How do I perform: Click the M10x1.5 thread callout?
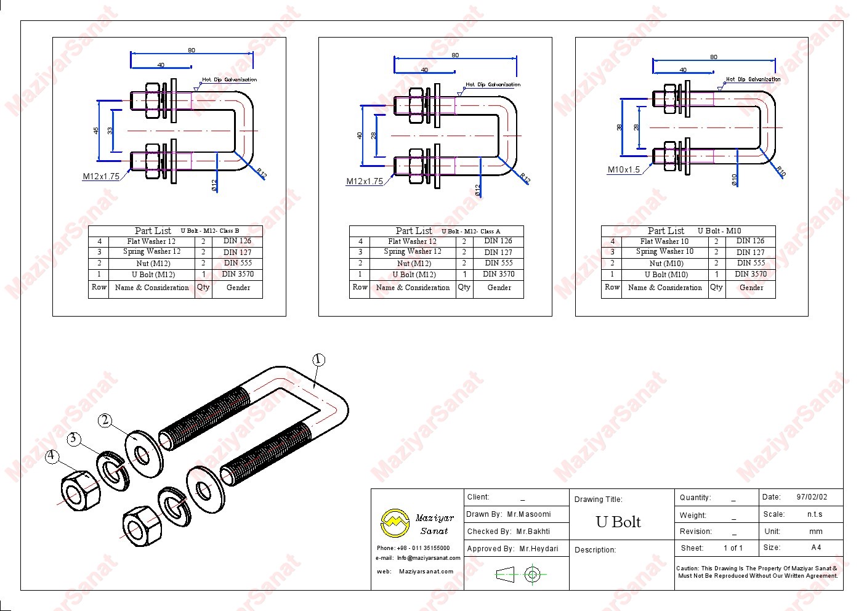(x=624, y=170)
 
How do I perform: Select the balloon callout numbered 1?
(x=318, y=360)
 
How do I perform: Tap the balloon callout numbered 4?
(x=52, y=456)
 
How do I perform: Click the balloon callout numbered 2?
(x=105, y=420)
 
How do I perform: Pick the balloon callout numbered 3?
(x=74, y=438)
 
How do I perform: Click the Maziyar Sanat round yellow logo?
(x=394, y=523)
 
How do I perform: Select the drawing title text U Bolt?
(x=618, y=522)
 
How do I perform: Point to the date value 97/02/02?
(x=812, y=497)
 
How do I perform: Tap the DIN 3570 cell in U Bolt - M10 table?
(x=751, y=274)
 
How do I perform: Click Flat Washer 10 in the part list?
(x=664, y=241)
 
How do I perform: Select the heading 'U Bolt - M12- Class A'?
(x=470, y=232)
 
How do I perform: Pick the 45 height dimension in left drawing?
(x=96, y=131)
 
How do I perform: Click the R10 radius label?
(x=780, y=172)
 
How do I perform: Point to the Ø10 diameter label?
(x=734, y=179)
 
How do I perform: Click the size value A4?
(x=816, y=548)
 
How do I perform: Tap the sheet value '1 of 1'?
(x=733, y=548)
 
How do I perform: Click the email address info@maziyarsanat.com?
(x=429, y=558)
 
